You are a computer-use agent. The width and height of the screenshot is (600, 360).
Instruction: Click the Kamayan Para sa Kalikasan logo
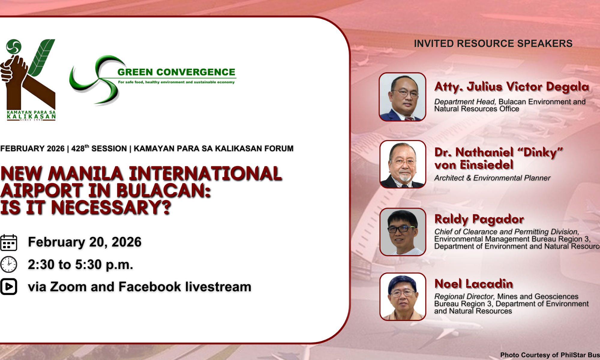[28, 80]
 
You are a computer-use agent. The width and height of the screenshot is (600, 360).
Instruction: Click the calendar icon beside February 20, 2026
[9, 242]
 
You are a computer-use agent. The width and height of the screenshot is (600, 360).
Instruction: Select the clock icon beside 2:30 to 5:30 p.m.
[9, 264]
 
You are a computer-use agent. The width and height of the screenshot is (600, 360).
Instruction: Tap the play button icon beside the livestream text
[9, 286]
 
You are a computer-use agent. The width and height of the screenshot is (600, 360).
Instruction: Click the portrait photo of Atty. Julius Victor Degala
[403, 97]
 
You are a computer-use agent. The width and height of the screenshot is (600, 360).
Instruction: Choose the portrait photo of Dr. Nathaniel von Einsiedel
[403, 164]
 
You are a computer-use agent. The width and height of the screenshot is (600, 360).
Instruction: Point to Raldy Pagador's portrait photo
[403, 232]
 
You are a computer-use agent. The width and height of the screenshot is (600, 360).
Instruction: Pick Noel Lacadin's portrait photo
[403, 297]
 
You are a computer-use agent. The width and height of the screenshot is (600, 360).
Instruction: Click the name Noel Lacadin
[474, 283]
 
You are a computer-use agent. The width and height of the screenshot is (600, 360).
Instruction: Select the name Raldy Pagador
[479, 220]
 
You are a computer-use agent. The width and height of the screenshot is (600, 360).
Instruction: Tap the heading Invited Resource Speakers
[493, 43]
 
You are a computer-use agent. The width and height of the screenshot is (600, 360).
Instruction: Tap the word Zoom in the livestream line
[68, 287]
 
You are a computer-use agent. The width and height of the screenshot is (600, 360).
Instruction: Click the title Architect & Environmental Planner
[492, 178]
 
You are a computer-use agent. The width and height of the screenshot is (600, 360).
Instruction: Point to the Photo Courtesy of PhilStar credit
[550, 355]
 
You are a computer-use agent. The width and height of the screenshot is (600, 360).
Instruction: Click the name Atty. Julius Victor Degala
[512, 87]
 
